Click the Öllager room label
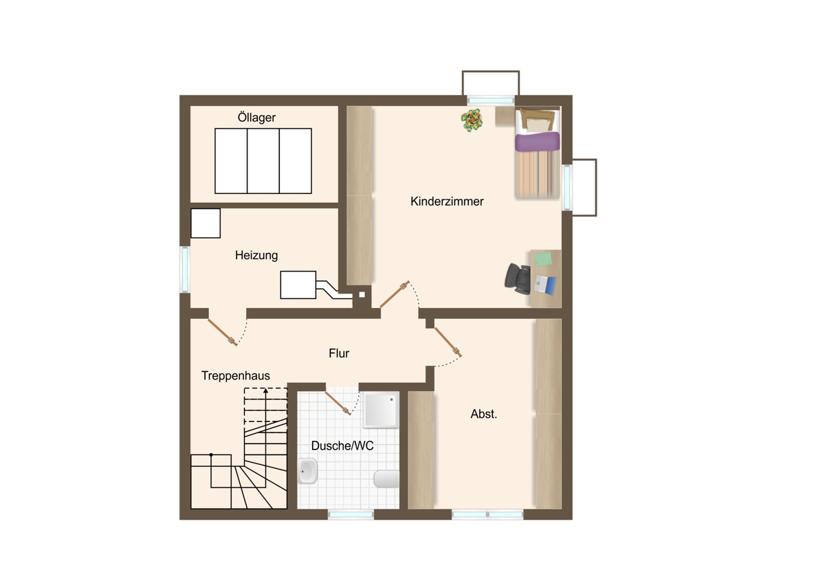pos(256,118)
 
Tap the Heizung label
pos(256,255)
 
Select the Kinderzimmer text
pos(447,201)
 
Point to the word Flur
pos(339,353)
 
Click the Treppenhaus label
pos(235,375)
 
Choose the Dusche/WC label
pos(342,446)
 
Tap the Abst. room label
pos(483,415)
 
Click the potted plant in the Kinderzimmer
pos(472,120)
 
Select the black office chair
pos(518,279)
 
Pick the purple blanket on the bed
pos(537,142)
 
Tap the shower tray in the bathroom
pos(381,410)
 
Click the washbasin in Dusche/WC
pos(307,471)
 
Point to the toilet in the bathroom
pos(386,478)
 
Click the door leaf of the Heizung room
pos(223,332)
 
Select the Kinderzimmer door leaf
pos(395,294)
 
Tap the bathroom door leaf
pos(338,404)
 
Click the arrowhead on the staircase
pos(265,390)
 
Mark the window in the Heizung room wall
pos(185,269)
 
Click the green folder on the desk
pos(543,258)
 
